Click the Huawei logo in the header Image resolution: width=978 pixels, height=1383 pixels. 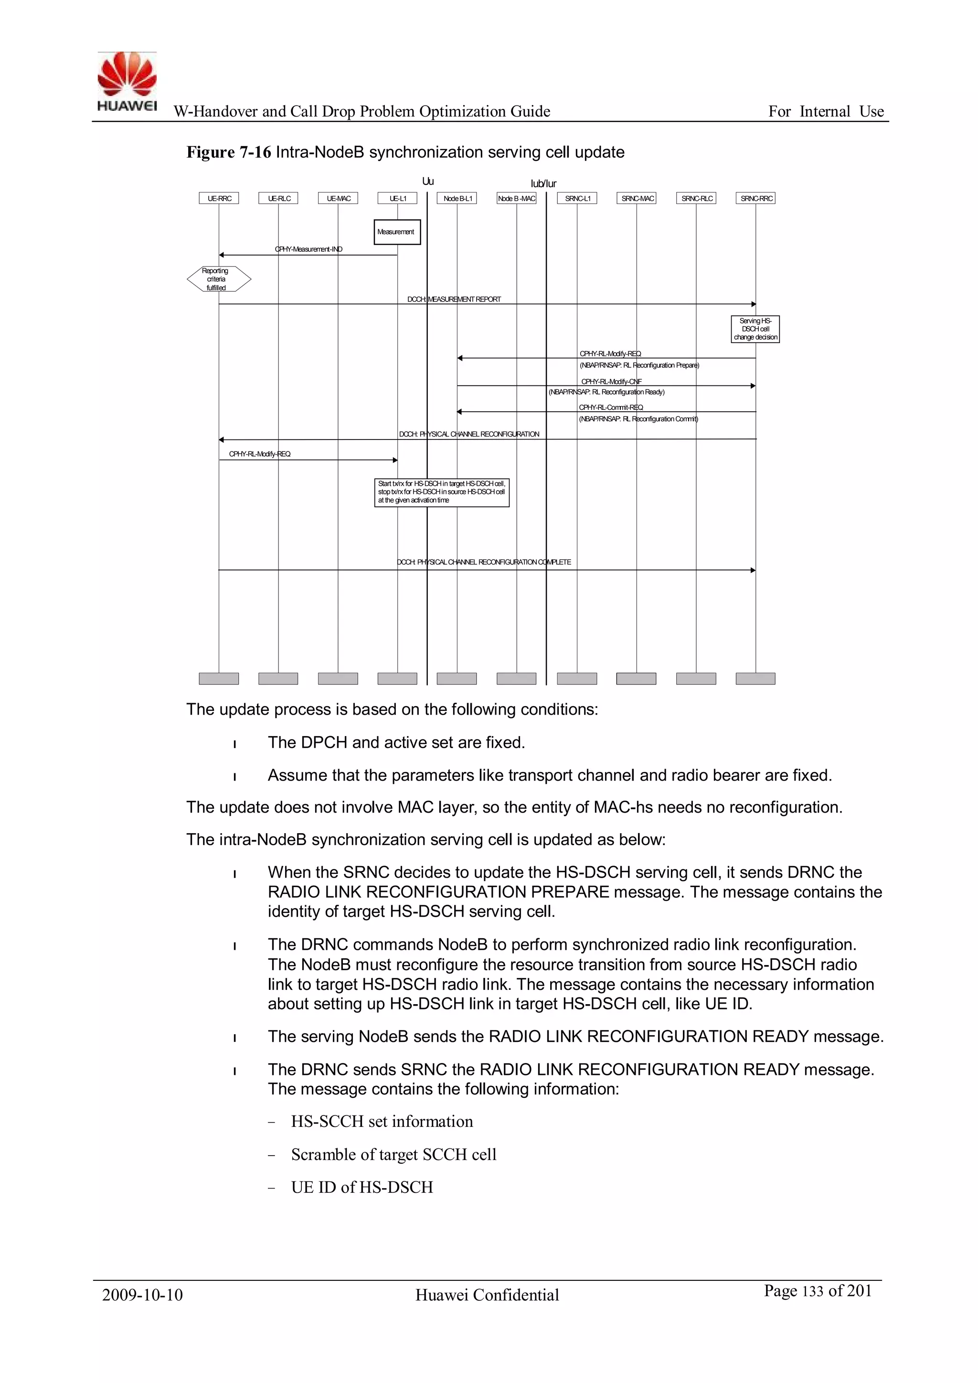pyautogui.click(x=127, y=81)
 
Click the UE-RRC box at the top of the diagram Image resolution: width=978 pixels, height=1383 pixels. pyautogui.click(x=219, y=198)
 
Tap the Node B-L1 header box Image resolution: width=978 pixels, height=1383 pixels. pyautogui.click(x=457, y=198)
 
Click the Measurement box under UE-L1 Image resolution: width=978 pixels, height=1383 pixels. pyautogui.click(x=396, y=232)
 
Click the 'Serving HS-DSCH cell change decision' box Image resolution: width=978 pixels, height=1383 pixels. pyautogui.click(x=755, y=329)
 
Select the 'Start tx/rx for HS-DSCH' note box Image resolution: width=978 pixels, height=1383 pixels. pyautogui.click(x=441, y=492)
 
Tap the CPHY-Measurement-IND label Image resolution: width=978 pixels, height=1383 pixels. pyautogui.click(x=308, y=249)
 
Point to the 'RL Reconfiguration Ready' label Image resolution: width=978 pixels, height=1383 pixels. pyautogui.click(x=606, y=392)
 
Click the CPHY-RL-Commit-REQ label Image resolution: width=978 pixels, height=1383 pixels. pyautogui.click(x=611, y=407)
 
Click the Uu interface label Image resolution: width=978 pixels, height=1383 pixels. pyautogui.click(x=427, y=182)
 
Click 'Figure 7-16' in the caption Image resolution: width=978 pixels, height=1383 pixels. pyautogui.click(x=229, y=152)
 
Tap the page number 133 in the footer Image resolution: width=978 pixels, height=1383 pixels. pyautogui.click(x=813, y=1291)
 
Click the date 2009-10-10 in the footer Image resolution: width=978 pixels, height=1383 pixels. pyautogui.click(x=142, y=1295)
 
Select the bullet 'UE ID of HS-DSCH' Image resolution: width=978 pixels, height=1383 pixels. pyautogui.click(x=362, y=1187)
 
